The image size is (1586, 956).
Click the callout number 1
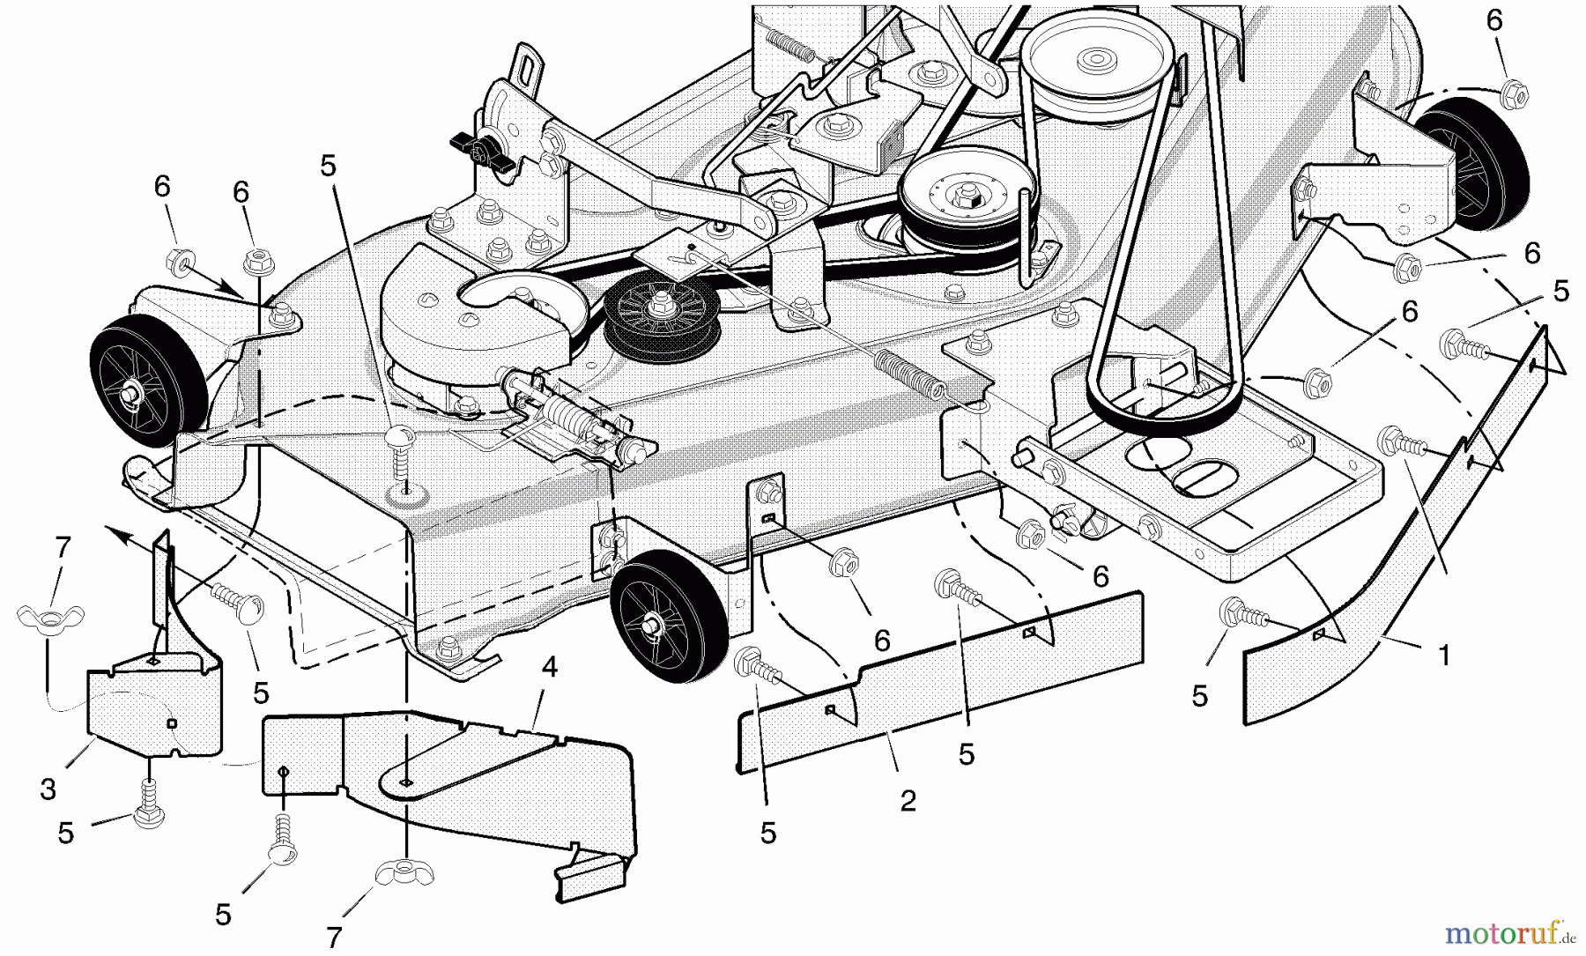coord(1443,656)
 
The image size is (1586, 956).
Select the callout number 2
coord(908,801)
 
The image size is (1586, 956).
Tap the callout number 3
coord(48,789)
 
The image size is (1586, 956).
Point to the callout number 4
coord(550,667)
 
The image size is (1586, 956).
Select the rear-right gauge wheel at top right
coord(1471,159)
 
